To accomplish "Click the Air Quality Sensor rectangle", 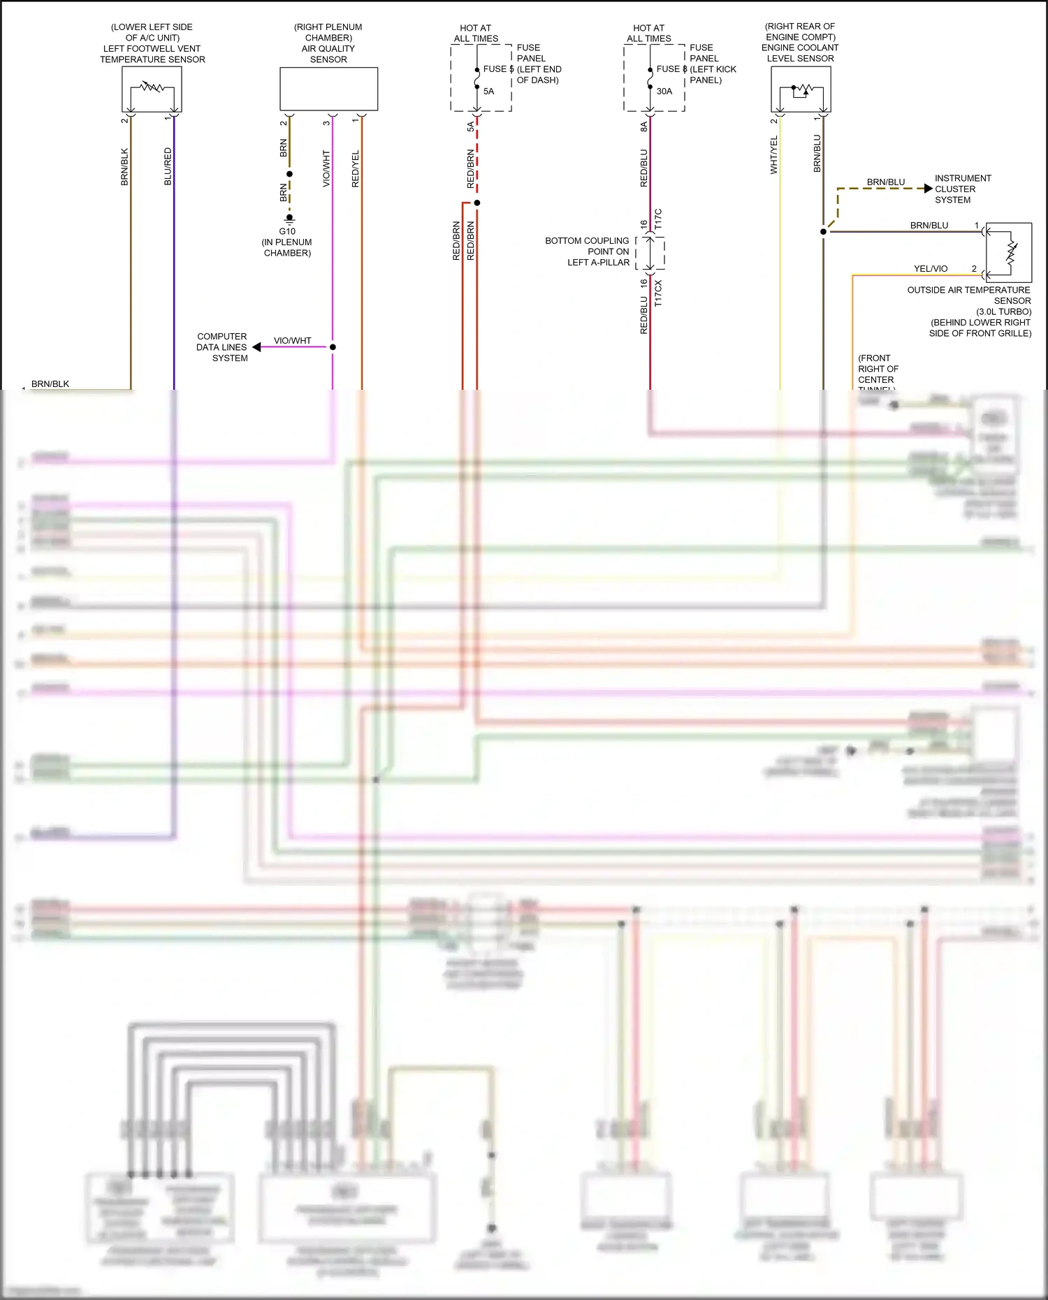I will (x=328, y=89).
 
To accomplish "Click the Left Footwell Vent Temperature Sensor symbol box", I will (x=152, y=89).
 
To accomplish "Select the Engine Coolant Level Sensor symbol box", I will (x=801, y=89).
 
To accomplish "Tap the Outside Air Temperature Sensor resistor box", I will (x=1009, y=252).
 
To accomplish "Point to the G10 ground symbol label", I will (x=287, y=231).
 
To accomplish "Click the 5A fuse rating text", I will (x=488, y=92).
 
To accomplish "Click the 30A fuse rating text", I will (x=664, y=92).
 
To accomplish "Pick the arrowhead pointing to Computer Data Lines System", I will (x=256, y=347).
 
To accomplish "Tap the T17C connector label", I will (x=658, y=219).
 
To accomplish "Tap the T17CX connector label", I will (x=658, y=293).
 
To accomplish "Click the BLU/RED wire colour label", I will (x=168, y=166).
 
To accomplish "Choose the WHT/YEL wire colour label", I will (x=773, y=155).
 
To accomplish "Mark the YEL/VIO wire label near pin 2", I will (x=931, y=269).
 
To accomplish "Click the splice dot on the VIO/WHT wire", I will (x=333, y=347).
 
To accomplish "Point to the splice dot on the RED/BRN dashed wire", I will (x=477, y=203).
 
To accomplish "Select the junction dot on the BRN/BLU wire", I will (x=823, y=231).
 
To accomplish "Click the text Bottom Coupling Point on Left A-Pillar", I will (x=588, y=251).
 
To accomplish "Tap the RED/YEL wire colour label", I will (x=355, y=168).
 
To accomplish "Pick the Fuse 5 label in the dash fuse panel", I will (x=497, y=69).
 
